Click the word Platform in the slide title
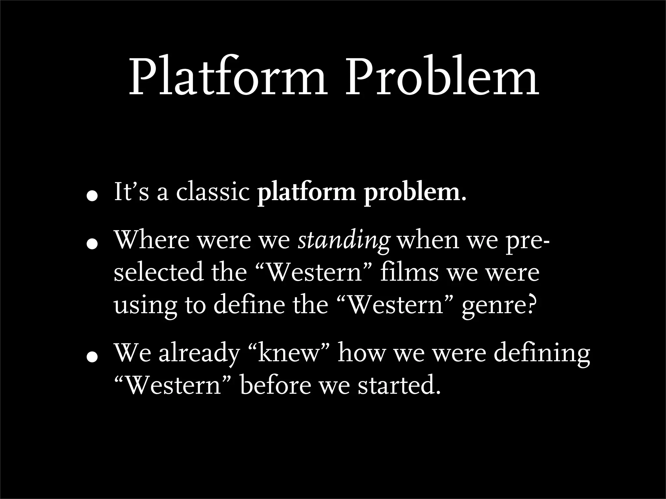pos(228,77)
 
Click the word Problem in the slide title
pos(441,77)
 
